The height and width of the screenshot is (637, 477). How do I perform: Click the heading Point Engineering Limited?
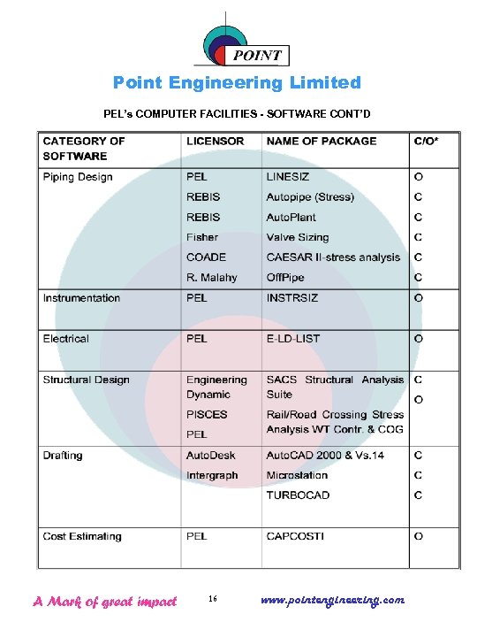pos(237,83)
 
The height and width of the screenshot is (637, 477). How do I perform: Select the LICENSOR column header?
pos(216,142)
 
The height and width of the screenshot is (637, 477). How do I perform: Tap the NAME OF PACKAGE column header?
pos(322,142)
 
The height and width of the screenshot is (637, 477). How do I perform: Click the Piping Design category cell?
pos(78,177)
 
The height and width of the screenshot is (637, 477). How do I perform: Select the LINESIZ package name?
pos(288,177)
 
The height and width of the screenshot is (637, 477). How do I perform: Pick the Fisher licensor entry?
pos(202,237)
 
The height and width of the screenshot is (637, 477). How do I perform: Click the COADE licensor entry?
pos(206,257)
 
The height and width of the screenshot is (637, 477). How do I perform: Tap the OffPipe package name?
pos(287,278)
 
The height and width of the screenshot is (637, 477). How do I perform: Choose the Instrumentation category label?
pos(81,298)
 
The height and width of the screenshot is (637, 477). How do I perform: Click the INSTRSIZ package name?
pos(292,298)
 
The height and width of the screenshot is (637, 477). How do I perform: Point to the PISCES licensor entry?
pos(207,414)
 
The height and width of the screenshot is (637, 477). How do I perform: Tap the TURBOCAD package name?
pos(298,495)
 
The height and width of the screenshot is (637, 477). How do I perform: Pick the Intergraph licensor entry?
pos(211,476)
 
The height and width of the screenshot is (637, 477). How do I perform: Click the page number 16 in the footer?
pos(213,600)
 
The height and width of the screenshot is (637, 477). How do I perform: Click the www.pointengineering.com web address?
pos(333,600)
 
